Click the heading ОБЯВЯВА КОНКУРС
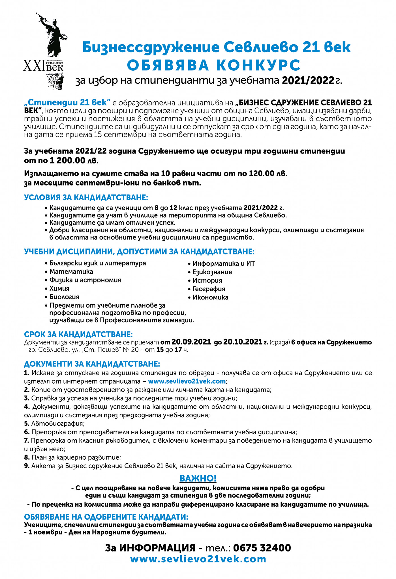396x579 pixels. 214,65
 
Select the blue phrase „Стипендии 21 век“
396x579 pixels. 67,102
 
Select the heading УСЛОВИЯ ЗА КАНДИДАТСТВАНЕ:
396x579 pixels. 86,197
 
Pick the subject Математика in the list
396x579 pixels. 71,272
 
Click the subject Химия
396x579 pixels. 59,289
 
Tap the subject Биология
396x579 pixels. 64,297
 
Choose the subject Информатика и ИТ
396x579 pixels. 224,264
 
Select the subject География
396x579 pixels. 209,289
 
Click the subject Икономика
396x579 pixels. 210,297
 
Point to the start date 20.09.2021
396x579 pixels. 191,342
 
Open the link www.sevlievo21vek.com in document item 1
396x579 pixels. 187,381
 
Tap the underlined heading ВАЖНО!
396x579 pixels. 198,478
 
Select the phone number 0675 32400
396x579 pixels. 262,548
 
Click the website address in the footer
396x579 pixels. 198,559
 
